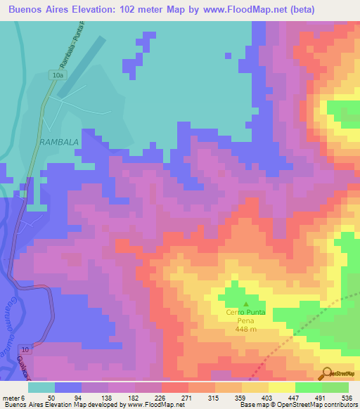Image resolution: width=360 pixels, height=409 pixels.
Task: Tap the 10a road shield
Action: point(57,74)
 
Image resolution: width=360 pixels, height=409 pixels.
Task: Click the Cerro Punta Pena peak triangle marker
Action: point(236,304)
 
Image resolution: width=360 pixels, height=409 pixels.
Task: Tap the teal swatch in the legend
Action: point(41,387)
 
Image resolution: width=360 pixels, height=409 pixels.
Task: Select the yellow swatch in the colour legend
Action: point(282,387)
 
